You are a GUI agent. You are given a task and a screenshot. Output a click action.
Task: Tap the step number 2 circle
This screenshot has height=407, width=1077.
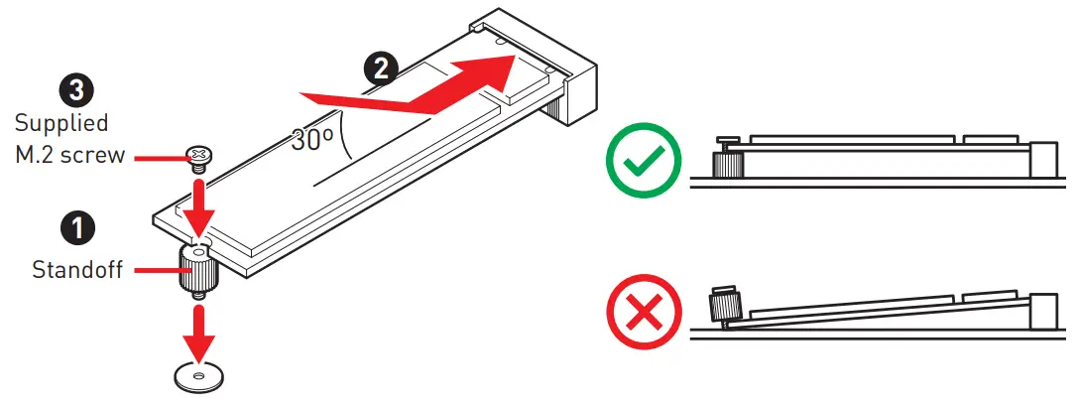381,68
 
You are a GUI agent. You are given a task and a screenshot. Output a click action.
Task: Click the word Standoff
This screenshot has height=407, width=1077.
77,269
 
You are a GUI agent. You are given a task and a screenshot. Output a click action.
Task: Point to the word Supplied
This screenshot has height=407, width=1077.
61,124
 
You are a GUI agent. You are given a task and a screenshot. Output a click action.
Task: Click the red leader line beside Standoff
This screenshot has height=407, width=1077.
156,269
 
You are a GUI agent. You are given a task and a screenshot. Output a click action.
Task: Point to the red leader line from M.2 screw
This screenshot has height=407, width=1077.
158,156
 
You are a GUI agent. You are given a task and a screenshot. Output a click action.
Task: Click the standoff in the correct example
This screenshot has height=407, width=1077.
729,159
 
